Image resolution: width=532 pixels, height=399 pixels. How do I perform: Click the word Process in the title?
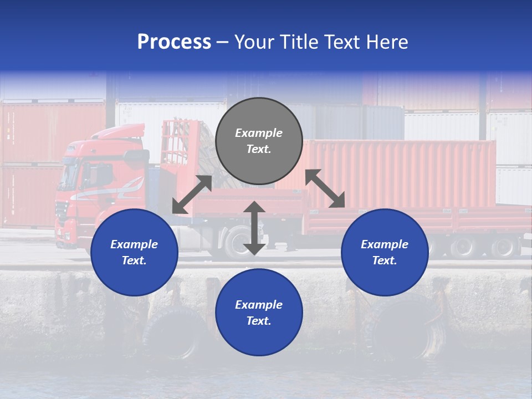point(174,42)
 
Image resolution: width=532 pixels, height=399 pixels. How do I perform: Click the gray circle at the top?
point(259,141)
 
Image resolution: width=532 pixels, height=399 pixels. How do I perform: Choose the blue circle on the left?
point(134,252)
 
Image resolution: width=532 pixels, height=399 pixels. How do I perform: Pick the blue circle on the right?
point(385,252)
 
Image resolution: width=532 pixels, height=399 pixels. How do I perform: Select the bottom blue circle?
point(259,313)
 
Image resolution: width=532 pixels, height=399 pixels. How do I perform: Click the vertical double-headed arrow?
point(254,228)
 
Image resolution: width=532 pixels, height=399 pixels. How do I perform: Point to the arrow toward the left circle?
point(192,195)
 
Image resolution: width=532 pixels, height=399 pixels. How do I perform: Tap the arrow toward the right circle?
point(325,188)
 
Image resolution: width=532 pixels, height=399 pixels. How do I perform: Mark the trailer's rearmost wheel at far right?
point(505,247)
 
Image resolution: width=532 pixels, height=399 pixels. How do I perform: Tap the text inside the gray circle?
point(259,141)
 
